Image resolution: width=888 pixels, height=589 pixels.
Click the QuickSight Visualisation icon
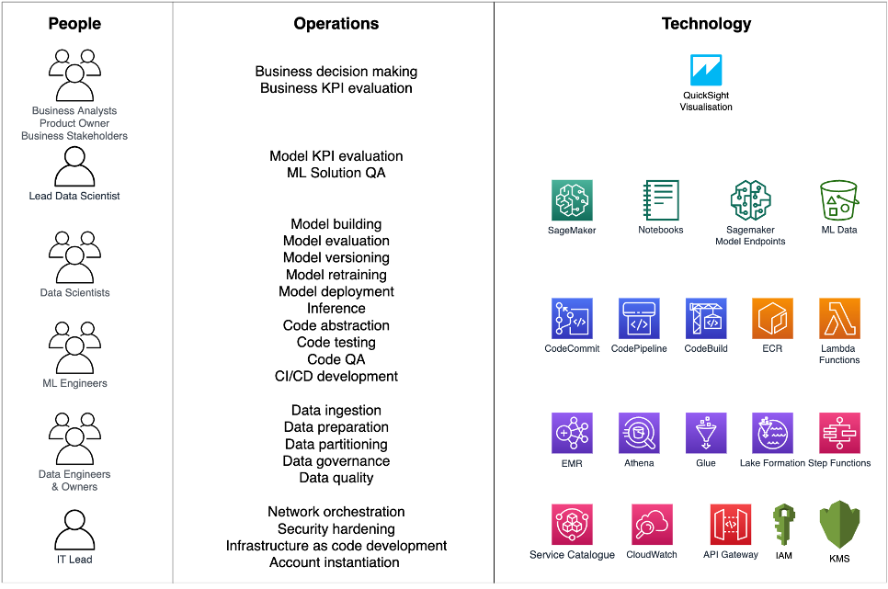coord(706,70)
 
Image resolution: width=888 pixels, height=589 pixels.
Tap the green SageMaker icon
coord(572,200)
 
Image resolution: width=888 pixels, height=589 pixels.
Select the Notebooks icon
coord(661,200)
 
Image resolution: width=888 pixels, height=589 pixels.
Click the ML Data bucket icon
coord(839,200)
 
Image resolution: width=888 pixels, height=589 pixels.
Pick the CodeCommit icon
coord(572,318)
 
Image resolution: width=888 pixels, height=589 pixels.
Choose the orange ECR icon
coord(772,318)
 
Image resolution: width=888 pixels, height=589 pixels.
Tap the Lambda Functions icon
coord(839,318)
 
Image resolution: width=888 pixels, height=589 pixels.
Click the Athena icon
coord(639,433)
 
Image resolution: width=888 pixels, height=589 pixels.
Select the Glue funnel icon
coord(706,433)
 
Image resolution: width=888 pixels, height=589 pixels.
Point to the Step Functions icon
coord(839,433)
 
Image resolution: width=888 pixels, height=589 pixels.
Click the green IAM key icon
coord(784,525)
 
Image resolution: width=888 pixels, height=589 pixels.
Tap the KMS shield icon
coord(839,525)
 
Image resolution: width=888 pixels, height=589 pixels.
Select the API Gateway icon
coord(731,525)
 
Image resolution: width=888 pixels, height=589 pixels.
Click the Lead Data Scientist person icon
coord(74,166)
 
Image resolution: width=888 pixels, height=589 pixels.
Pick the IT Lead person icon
coord(74,530)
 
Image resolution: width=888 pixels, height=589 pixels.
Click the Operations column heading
coord(336,24)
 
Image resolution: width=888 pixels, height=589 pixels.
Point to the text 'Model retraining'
coord(336,275)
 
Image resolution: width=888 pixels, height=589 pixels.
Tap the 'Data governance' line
coord(336,461)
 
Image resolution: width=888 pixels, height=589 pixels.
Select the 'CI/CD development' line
coord(336,376)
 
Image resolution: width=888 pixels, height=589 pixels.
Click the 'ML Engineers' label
coord(74,383)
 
